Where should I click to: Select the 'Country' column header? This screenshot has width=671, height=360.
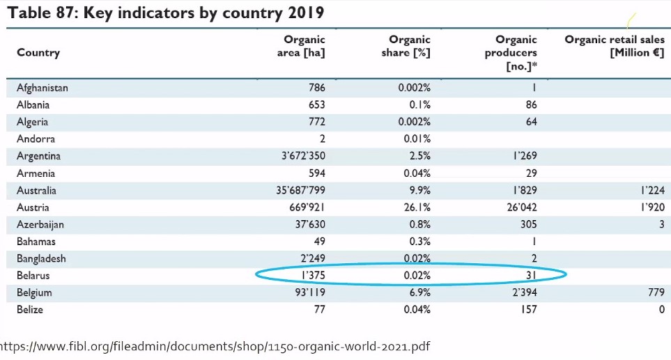[38, 53]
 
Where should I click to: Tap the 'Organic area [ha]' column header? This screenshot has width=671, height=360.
[301, 46]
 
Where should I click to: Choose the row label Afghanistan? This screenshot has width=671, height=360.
[43, 88]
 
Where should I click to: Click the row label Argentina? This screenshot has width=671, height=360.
[38, 156]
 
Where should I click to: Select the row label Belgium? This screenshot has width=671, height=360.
[34, 293]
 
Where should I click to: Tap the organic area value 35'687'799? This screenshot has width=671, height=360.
[300, 190]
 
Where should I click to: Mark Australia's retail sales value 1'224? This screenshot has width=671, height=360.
[653, 190]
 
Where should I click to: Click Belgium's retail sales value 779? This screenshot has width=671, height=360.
[656, 292]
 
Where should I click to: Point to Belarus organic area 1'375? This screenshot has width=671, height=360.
[314, 275]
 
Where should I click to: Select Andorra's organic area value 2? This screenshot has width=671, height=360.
[322, 139]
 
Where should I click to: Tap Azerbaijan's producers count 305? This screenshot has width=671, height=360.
[528, 224]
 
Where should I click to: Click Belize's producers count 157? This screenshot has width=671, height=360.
[529, 310]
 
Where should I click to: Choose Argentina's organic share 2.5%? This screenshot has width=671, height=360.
[419, 156]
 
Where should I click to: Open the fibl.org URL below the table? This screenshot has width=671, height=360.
[215, 346]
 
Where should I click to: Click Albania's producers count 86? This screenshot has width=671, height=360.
[532, 105]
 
